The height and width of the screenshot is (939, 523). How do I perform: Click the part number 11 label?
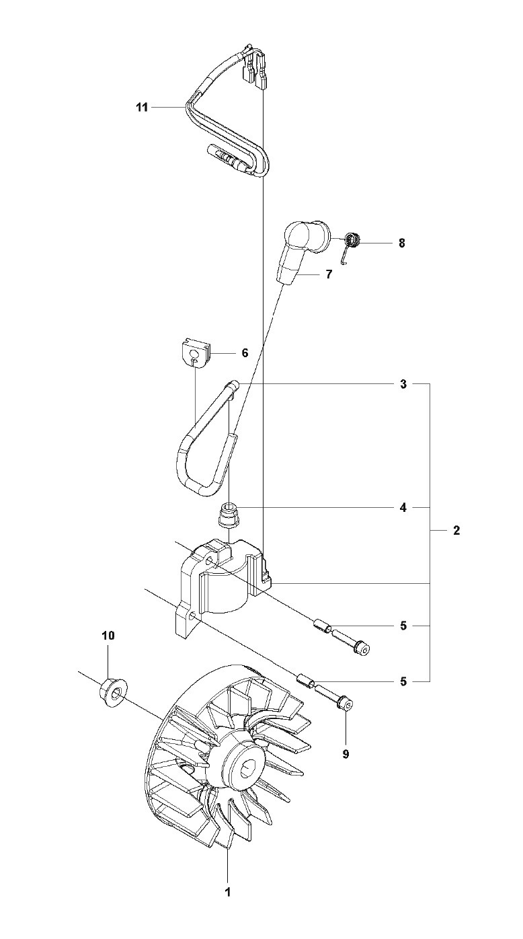[141, 106]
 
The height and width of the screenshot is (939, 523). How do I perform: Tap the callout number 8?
[402, 243]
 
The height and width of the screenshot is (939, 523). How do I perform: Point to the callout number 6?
[245, 352]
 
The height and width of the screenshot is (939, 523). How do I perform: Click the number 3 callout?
[403, 384]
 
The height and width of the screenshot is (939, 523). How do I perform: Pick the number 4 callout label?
[403, 508]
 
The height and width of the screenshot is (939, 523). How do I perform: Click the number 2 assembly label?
[456, 531]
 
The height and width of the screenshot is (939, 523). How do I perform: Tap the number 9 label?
[346, 754]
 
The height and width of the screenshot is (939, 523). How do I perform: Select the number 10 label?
[108, 635]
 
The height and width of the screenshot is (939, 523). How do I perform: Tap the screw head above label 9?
[347, 704]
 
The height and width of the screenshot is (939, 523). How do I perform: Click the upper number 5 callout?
[403, 626]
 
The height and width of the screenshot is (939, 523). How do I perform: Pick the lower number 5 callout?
[403, 681]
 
